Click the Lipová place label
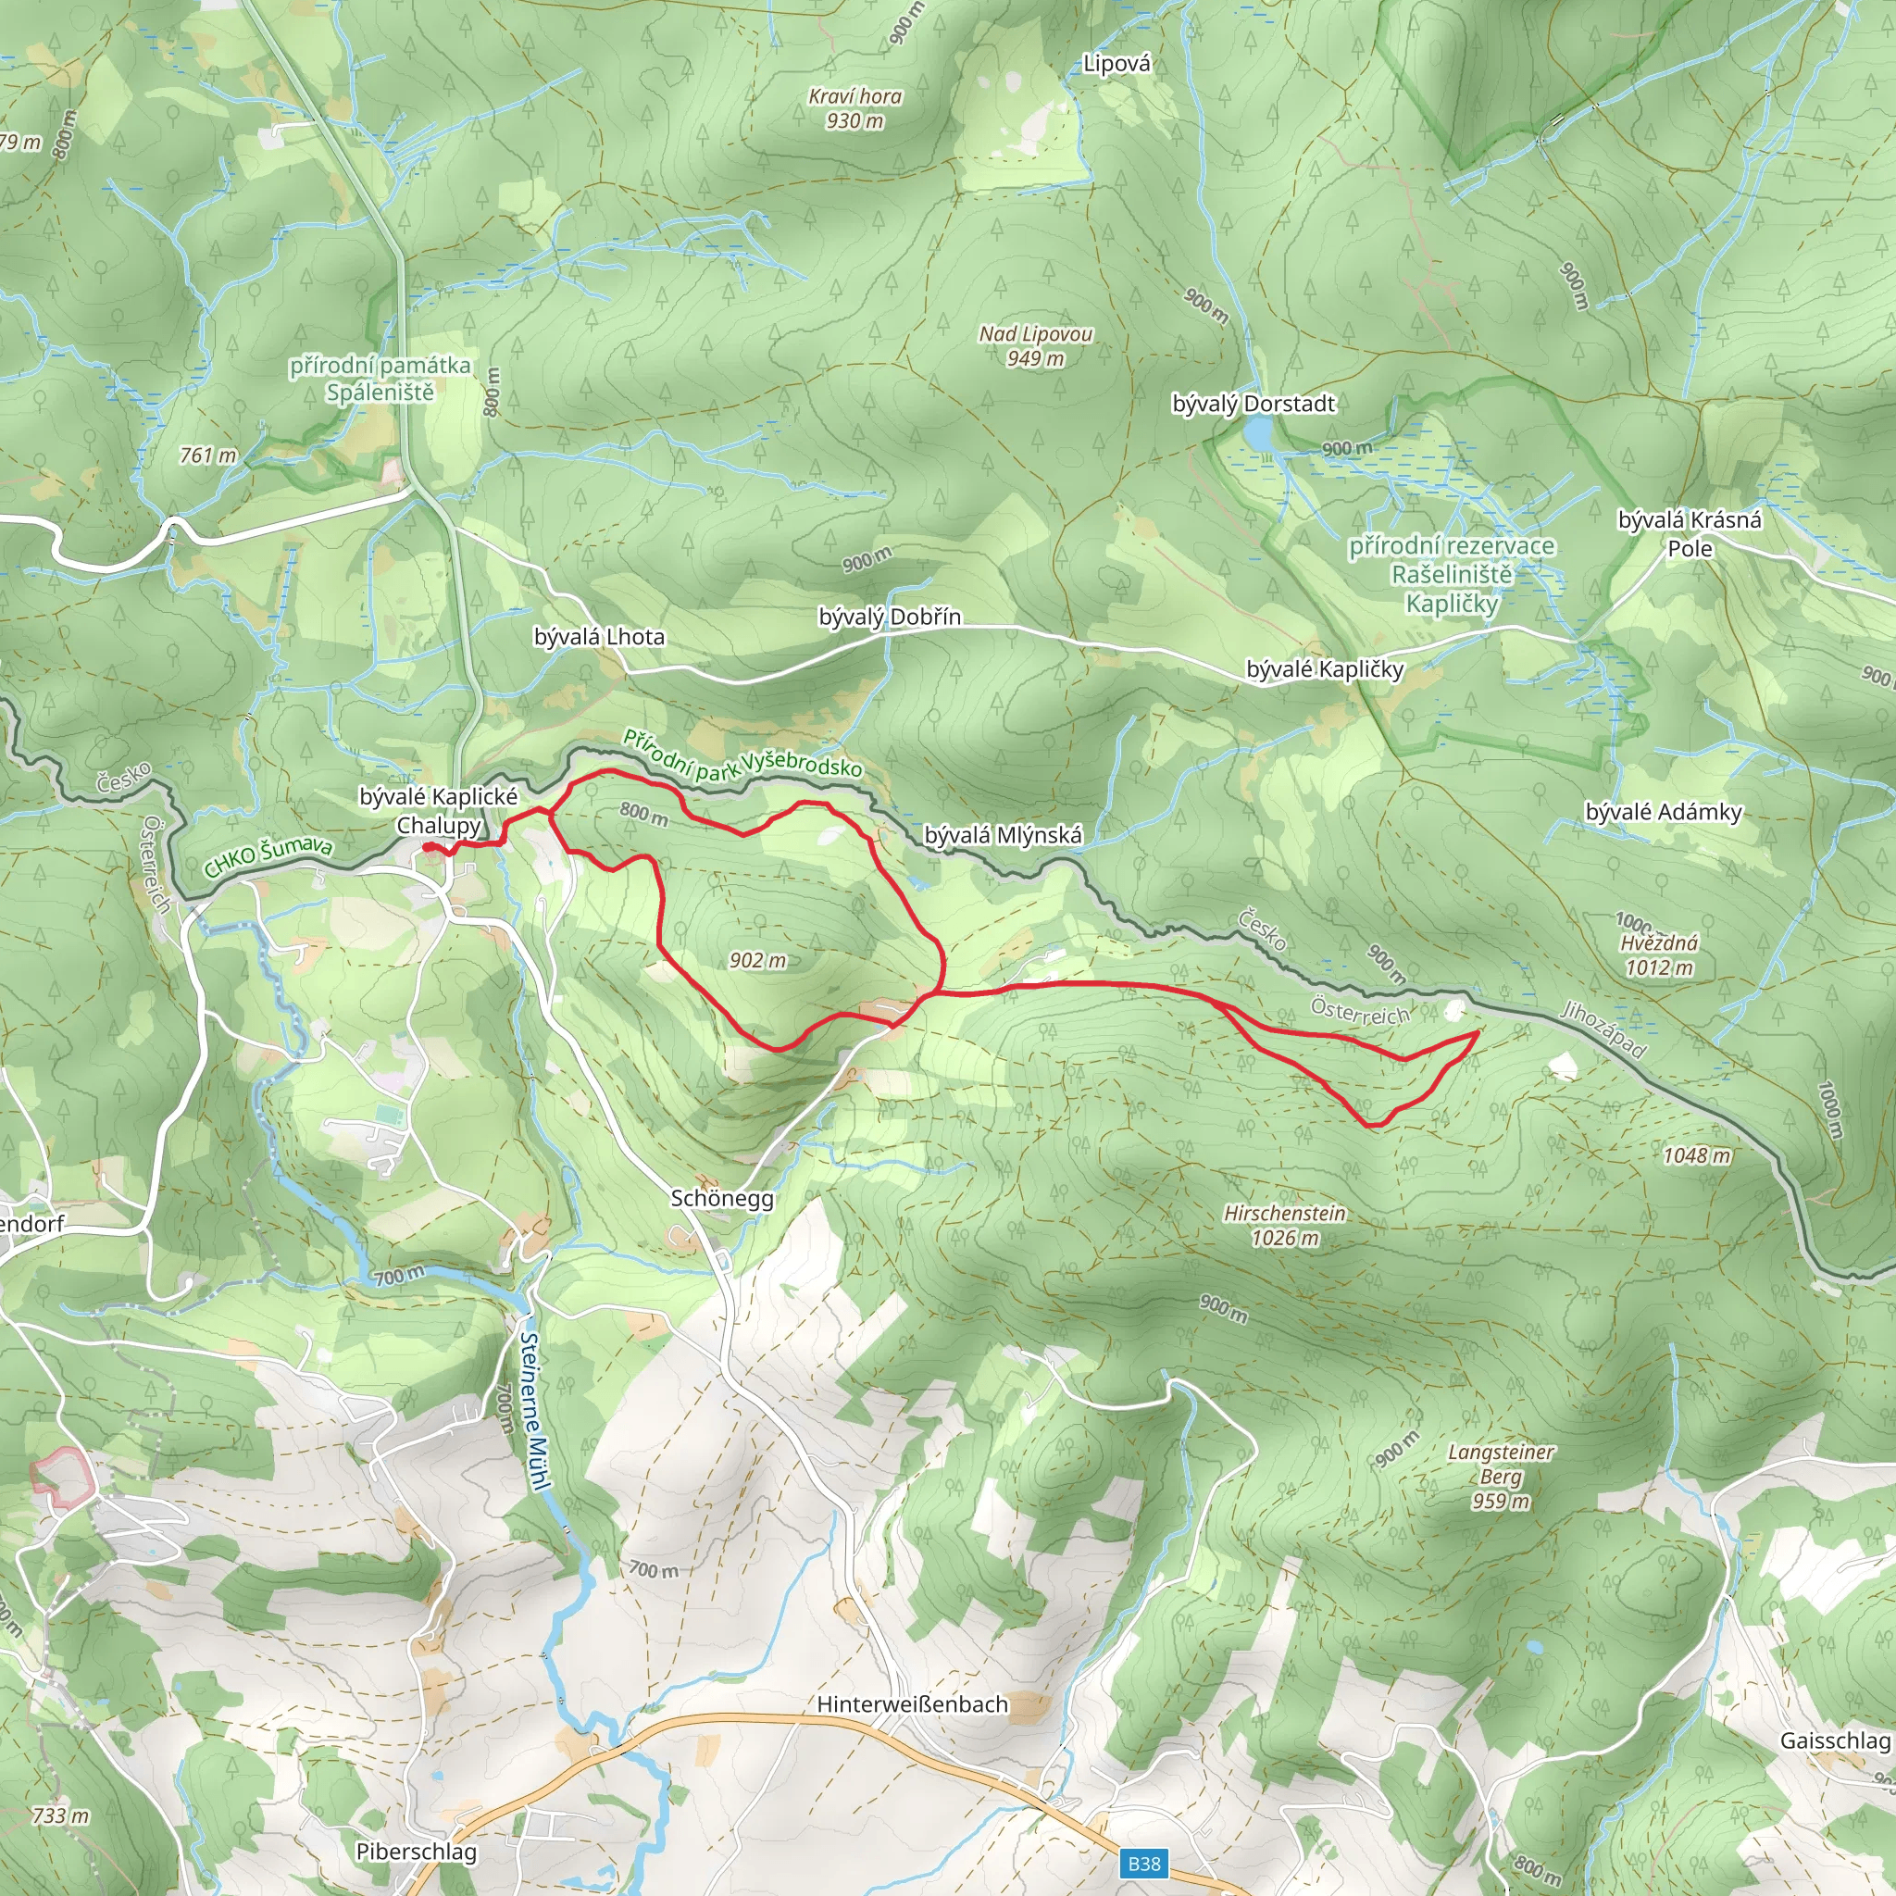(1116, 64)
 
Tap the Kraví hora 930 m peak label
(854, 108)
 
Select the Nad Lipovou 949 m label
(1035, 345)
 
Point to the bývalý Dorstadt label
(1254, 404)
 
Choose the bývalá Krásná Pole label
(1689, 533)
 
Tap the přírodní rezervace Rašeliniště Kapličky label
(1452, 574)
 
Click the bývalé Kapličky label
(1324, 669)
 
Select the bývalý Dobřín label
(889, 617)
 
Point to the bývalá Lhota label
(599, 636)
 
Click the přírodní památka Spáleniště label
(380, 379)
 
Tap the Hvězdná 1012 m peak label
(1658, 954)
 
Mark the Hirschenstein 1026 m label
(1284, 1225)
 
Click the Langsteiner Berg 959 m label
(1501, 1476)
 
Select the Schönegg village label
(721, 1198)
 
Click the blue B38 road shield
(1143, 1863)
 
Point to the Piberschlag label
(416, 1851)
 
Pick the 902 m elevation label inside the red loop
(757, 960)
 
